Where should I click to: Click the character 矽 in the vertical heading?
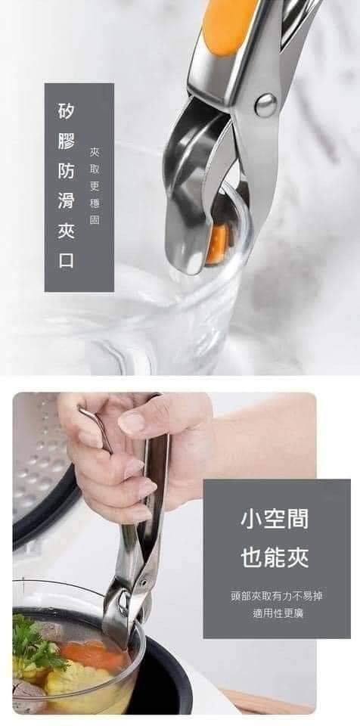[66, 110]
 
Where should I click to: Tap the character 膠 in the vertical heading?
[66, 141]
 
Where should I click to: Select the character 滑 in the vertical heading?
[66, 201]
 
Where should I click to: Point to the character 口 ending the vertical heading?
[66, 261]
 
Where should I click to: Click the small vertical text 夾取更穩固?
[95, 186]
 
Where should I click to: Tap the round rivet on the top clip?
[266, 104]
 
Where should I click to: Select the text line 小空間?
[275, 520]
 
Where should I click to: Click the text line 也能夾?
[275, 558]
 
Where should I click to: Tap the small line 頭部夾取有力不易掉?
[277, 596]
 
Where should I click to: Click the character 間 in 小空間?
[297, 520]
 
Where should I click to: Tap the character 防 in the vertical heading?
[66, 171]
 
